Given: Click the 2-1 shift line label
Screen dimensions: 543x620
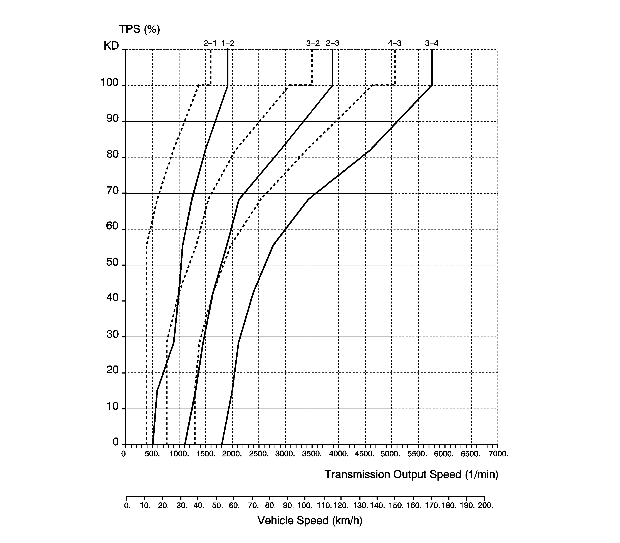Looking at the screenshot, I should pos(210,43).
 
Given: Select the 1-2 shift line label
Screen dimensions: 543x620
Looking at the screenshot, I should pos(228,43).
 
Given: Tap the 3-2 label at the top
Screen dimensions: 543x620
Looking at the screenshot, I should pos(313,43).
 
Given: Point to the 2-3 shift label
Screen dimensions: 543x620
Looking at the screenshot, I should pos(332,43).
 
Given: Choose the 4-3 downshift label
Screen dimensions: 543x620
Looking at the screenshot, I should pos(395,43).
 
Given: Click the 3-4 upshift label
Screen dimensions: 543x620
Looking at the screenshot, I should pos(432,43).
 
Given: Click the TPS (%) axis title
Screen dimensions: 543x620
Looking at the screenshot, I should pos(139,29).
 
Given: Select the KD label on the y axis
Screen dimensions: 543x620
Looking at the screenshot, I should pos(111,46).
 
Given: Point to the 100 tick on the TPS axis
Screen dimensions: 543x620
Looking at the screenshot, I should pos(109,82).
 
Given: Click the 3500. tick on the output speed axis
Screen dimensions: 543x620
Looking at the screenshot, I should pos(312,454).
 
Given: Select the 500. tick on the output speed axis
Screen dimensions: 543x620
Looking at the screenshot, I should pos(152,454).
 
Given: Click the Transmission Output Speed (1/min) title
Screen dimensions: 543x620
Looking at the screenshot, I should pos(411,474).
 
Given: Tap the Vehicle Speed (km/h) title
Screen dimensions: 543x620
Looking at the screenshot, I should pos(310,521).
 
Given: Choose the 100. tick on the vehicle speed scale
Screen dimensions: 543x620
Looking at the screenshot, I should pos(305,505).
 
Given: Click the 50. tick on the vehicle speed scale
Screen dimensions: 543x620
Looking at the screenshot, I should pos(218,505).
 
